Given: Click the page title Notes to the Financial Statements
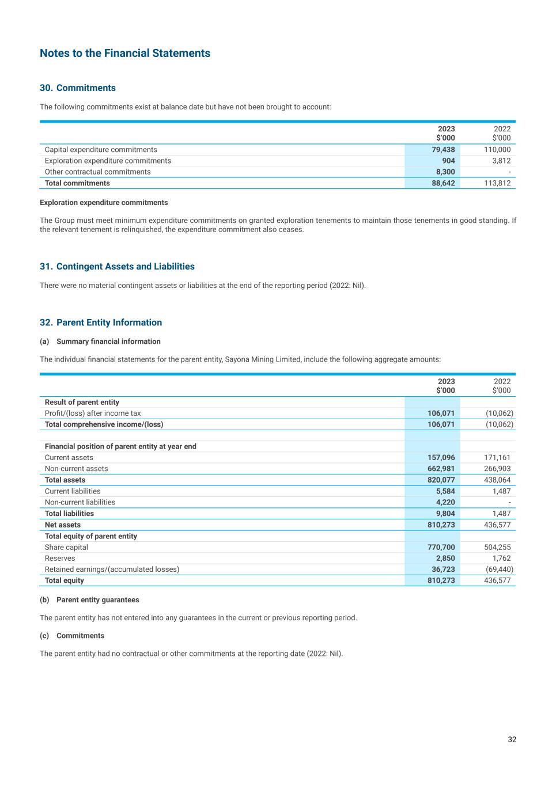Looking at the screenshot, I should (125, 54).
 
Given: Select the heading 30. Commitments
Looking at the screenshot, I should (78, 88).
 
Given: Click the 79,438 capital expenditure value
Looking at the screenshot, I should (443, 150).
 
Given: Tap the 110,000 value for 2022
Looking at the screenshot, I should (497, 150).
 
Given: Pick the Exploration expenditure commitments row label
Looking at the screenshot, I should (108, 161).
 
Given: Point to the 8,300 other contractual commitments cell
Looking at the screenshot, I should (445, 172).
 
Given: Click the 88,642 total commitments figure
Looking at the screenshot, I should (443, 183).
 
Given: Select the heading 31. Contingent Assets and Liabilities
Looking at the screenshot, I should (117, 267).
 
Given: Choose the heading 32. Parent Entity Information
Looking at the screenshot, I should (101, 322).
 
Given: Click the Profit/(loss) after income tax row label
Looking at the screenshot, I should (93, 413).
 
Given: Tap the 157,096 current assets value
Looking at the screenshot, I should (441, 458).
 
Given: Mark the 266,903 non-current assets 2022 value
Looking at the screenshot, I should (497, 469).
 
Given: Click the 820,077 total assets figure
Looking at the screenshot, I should (441, 480).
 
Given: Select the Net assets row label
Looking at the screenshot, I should (63, 525).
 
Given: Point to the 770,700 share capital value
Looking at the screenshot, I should (441, 547).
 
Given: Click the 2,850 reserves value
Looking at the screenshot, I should (445, 558).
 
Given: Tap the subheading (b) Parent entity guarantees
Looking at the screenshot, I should (89, 600).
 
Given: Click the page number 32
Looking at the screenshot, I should (512, 739).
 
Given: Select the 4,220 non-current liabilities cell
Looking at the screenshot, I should (445, 502).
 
